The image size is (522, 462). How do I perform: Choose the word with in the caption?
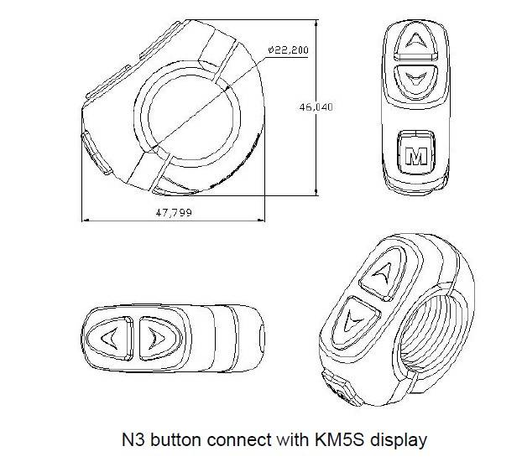(286, 437)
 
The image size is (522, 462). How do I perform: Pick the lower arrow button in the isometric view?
(357, 318)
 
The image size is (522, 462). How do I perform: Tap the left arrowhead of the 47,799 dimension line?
(84, 221)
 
